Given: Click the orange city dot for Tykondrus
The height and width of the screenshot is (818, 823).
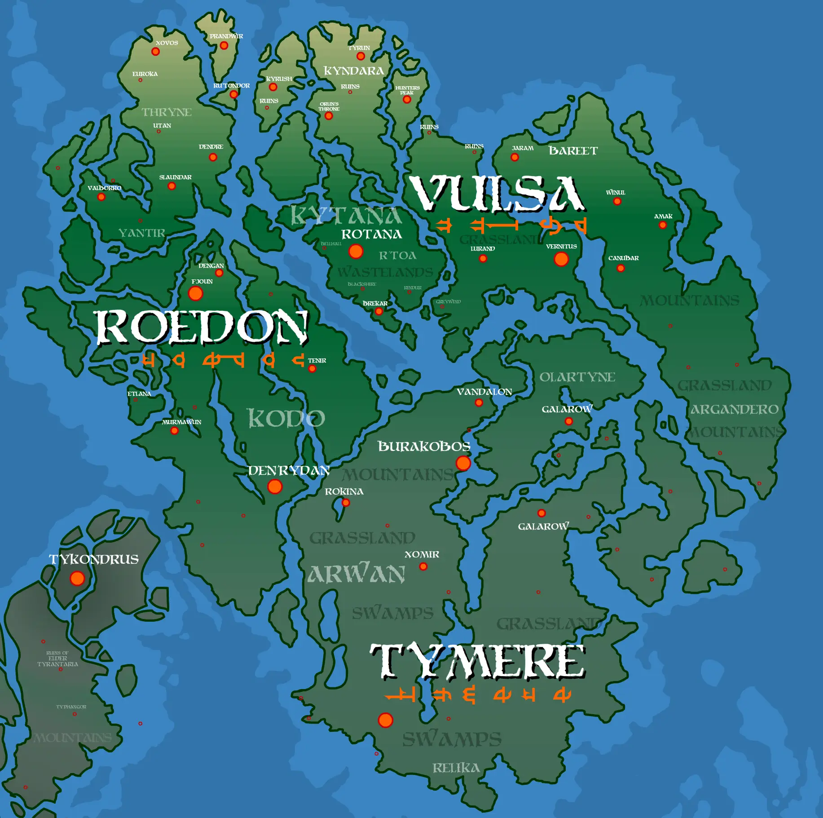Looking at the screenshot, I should (77, 578).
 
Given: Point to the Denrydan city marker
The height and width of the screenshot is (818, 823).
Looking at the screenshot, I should (275, 486).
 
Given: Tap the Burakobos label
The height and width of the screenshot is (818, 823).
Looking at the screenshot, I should (424, 446).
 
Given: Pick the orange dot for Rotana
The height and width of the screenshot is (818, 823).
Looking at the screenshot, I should (356, 251).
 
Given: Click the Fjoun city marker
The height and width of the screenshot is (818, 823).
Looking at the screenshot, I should (195, 293).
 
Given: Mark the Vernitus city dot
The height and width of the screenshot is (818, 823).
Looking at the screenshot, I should (561, 259).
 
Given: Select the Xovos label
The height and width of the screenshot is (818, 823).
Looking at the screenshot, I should (167, 43).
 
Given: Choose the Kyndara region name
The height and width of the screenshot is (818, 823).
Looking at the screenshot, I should (354, 71).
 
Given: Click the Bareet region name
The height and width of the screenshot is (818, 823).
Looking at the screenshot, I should (573, 150).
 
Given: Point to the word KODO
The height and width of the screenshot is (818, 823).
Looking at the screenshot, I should (286, 418).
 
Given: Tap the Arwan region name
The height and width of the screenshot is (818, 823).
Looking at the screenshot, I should (356, 574).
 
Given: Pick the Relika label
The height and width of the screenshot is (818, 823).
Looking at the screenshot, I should (456, 768).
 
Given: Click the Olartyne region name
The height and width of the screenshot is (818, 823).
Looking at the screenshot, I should (577, 377).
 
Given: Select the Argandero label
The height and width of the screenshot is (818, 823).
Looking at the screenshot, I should (735, 409).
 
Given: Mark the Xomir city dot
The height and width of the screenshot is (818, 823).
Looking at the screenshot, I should (423, 566).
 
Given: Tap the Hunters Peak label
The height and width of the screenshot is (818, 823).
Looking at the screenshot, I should (407, 90).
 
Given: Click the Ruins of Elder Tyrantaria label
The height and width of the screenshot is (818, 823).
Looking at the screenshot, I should (57, 659).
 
